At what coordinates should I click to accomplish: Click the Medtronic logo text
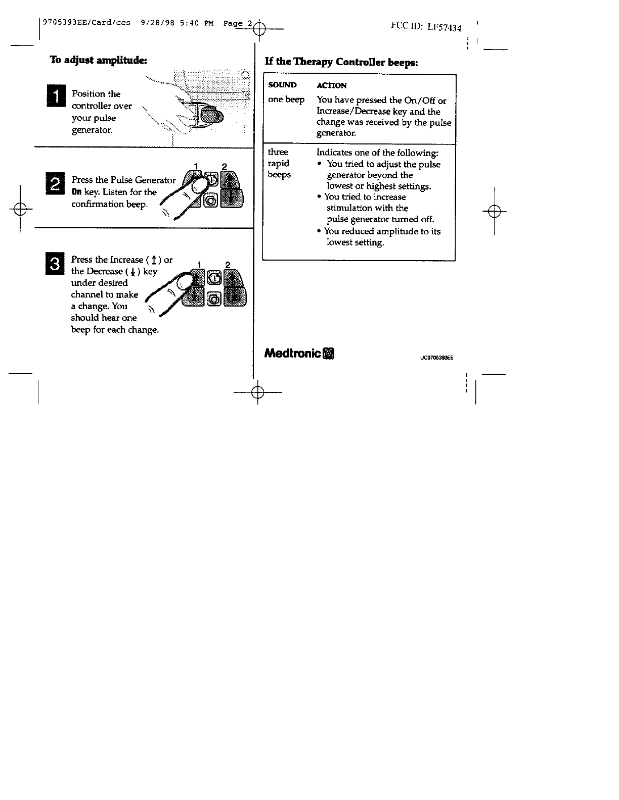(x=293, y=353)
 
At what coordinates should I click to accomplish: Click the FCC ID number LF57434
(x=445, y=27)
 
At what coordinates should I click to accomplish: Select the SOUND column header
(x=282, y=85)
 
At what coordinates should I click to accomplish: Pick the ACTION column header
(x=331, y=85)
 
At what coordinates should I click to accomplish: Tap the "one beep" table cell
(x=286, y=99)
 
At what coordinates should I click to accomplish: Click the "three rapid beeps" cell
(x=279, y=163)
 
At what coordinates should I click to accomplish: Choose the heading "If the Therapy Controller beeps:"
(x=341, y=62)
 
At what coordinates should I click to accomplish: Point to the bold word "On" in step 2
(x=76, y=192)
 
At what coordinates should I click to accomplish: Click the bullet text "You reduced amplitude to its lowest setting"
(x=382, y=236)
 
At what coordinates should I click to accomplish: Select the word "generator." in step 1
(x=92, y=130)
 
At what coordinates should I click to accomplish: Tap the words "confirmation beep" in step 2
(x=109, y=204)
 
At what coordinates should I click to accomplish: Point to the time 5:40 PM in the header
(x=196, y=23)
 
